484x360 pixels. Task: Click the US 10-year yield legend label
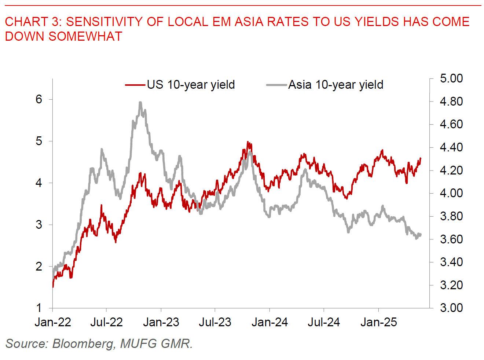(x=191, y=85)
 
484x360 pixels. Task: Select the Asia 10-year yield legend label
(x=335, y=85)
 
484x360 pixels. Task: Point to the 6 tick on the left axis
(x=39, y=99)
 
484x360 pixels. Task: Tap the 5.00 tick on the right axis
(x=451, y=78)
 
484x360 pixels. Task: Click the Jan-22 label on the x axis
(x=53, y=322)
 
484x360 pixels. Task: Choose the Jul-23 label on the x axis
(x=215, y=322)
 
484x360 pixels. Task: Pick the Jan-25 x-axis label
(x=378, y=322)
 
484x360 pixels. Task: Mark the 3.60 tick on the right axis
(x=451, y=239)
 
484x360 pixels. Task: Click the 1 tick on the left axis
(x=39, y=308)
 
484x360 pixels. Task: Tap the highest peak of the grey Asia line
(x=140, y=103)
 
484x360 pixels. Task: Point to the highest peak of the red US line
(x=248, y=142)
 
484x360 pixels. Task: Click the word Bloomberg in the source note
(x=83, y=344)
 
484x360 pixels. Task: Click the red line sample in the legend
(x=135, y=85)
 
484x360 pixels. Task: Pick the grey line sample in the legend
(x=276, y=85)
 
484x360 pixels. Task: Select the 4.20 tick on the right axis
(x=451, y=170)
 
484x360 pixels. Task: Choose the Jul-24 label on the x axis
(x=323, y=322)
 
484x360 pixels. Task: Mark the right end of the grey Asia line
(x=421, y=235)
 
